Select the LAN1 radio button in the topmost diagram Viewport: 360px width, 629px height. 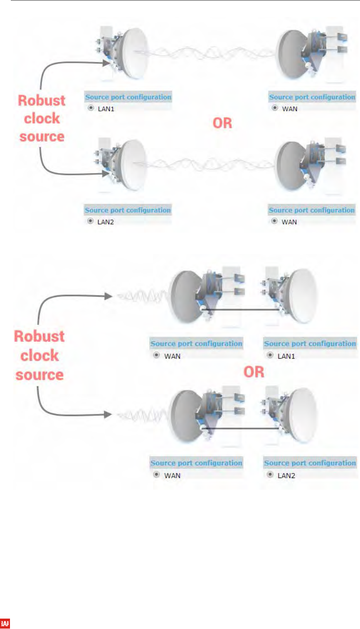91,108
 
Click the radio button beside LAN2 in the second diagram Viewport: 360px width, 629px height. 90,221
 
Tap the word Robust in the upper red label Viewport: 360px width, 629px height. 42,100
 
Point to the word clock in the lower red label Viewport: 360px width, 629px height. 39,355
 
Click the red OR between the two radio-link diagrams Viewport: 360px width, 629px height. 222,123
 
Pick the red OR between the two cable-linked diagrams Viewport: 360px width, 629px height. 254,371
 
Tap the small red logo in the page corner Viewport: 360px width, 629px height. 5,623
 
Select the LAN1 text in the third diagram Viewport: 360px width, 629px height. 286,356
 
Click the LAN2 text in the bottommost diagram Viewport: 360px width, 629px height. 286,475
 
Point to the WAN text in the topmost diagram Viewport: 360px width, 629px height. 290,109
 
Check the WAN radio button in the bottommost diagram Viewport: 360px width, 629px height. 156,475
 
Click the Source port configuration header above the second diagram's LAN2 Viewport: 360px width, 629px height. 128,210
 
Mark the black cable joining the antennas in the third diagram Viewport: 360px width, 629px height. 241,309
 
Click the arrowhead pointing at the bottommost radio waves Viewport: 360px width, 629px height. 108,415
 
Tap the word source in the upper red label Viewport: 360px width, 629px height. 42,136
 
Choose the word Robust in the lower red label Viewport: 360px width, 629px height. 39,336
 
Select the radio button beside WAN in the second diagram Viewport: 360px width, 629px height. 274,221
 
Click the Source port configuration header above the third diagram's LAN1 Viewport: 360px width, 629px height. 310,344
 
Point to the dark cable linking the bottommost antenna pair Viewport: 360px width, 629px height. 241,428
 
